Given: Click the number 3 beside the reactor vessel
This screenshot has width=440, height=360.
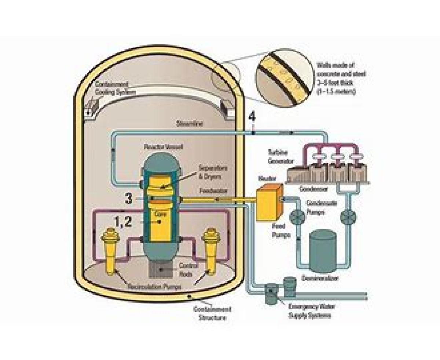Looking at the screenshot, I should [128, 199].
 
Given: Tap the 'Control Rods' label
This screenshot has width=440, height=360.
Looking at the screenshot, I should [188, 269].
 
